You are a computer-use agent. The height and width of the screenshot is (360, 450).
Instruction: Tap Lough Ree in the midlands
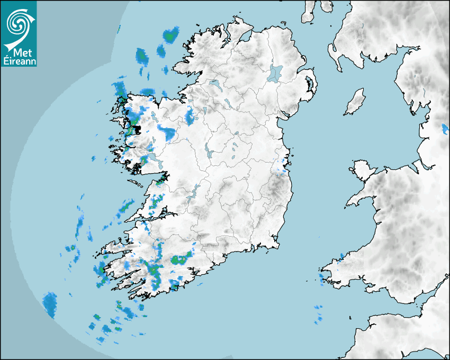point(210,154)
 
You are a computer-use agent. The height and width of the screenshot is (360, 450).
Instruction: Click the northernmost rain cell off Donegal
point(170,35)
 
